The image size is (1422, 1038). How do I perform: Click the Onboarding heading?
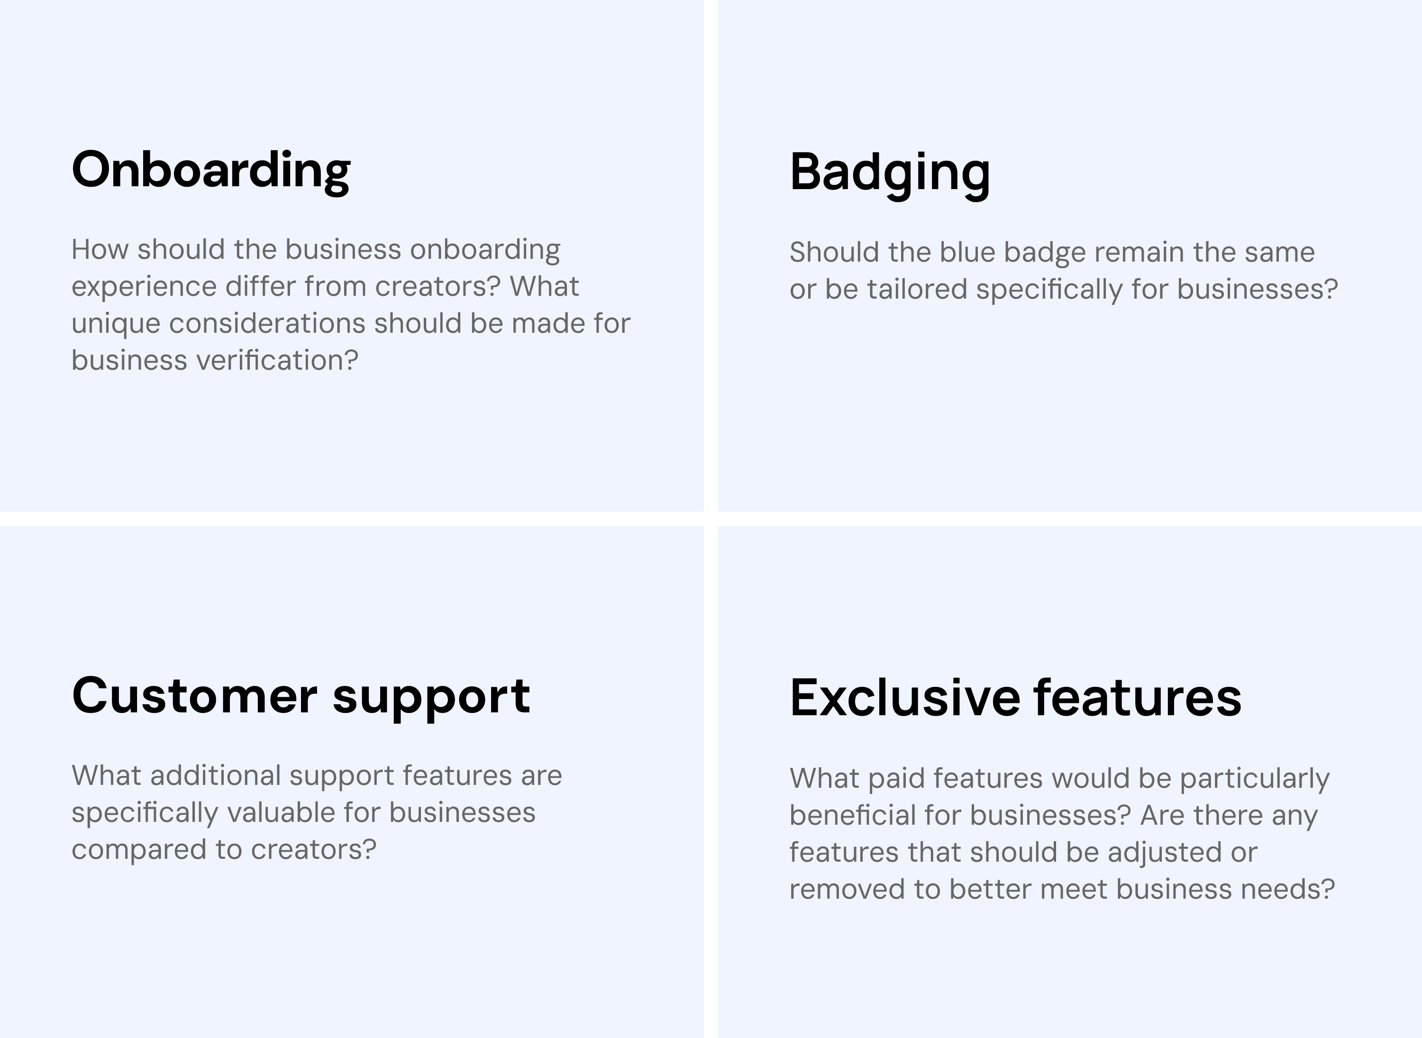(211, 171)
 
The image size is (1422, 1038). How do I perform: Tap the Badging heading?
(890, 173)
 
